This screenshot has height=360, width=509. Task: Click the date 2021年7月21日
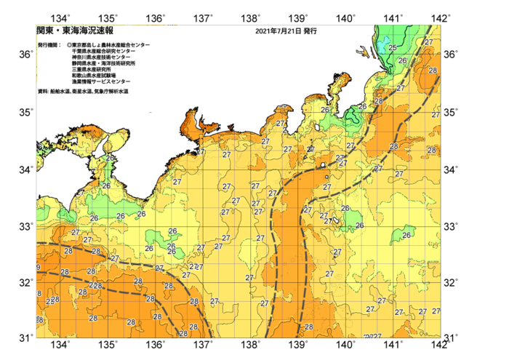click(278, 32)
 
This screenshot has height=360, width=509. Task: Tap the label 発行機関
click(49, 45)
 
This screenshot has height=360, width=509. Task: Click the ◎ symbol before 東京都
click(69, 45)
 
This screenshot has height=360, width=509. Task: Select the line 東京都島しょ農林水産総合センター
click(111, 45)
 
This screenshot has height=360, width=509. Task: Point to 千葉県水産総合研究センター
click(105, 51)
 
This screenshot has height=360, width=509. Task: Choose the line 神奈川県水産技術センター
click(103, 57)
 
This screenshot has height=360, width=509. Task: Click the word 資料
click(42, 92)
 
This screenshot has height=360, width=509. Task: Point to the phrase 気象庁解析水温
click(111, 92)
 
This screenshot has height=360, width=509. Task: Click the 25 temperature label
click(392, 48)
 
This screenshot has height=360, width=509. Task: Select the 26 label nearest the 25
click(402, 60)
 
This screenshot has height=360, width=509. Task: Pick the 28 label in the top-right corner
click(433, 71)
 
